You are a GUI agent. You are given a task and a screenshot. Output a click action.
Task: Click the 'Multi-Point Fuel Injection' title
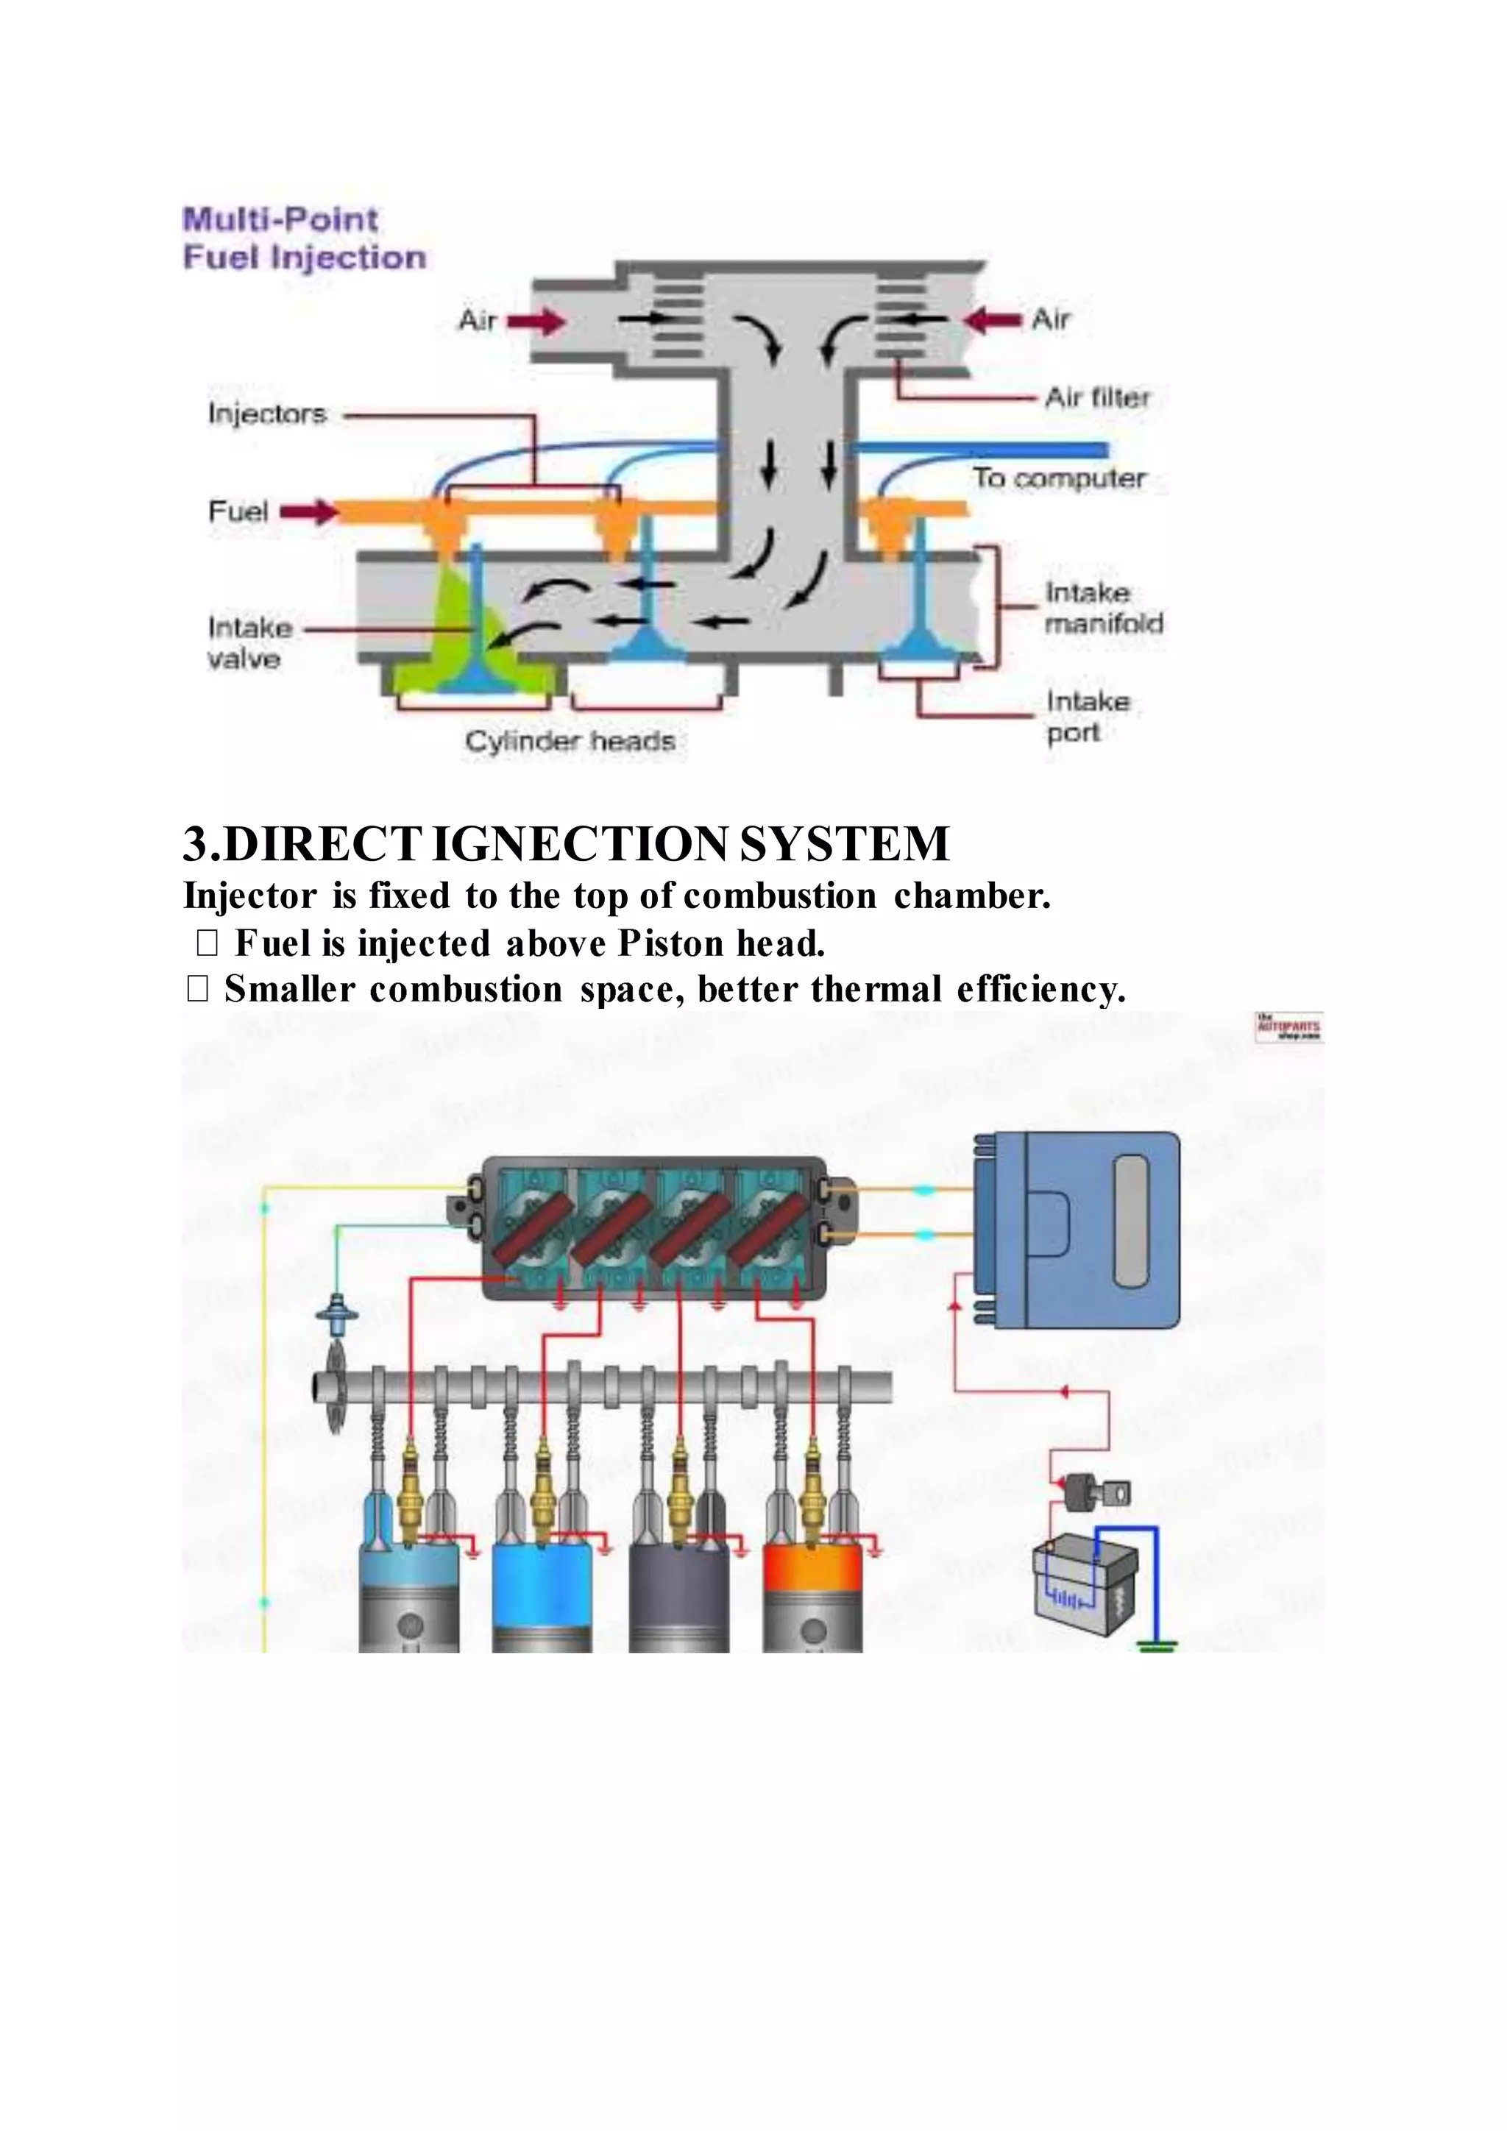click(x=305, y=238)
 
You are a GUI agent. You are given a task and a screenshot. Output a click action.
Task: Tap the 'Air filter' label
click(x=1097, y=398)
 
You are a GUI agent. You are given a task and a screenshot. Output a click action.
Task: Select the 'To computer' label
click(x=1059, y=479)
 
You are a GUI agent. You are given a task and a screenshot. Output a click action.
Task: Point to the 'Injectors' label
click(x=267, y=414)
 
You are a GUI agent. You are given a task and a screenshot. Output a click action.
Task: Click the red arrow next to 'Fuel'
click(x=307, y=511)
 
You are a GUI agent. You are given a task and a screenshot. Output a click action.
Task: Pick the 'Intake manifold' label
click(x=1103, y=608)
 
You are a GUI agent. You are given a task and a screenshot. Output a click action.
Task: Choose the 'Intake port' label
click(x=1088, y=717)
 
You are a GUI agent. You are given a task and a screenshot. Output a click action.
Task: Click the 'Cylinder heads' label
click(x=570, y=742)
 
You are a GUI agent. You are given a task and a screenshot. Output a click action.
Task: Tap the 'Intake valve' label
click(x=249, y=643)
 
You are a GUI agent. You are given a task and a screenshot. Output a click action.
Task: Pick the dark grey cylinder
click(x=678, y=1578)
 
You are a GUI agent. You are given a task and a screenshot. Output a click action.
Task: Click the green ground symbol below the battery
click(x=1157, y=1647)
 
